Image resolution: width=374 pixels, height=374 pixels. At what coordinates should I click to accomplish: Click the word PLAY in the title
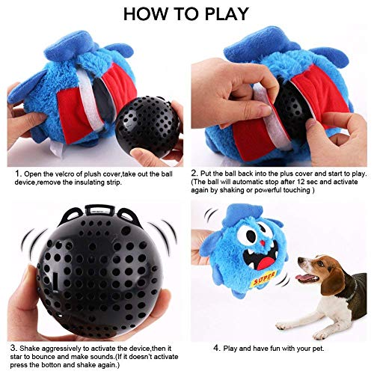(224, 13)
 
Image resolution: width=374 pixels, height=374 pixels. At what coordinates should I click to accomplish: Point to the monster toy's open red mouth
(262, 265)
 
